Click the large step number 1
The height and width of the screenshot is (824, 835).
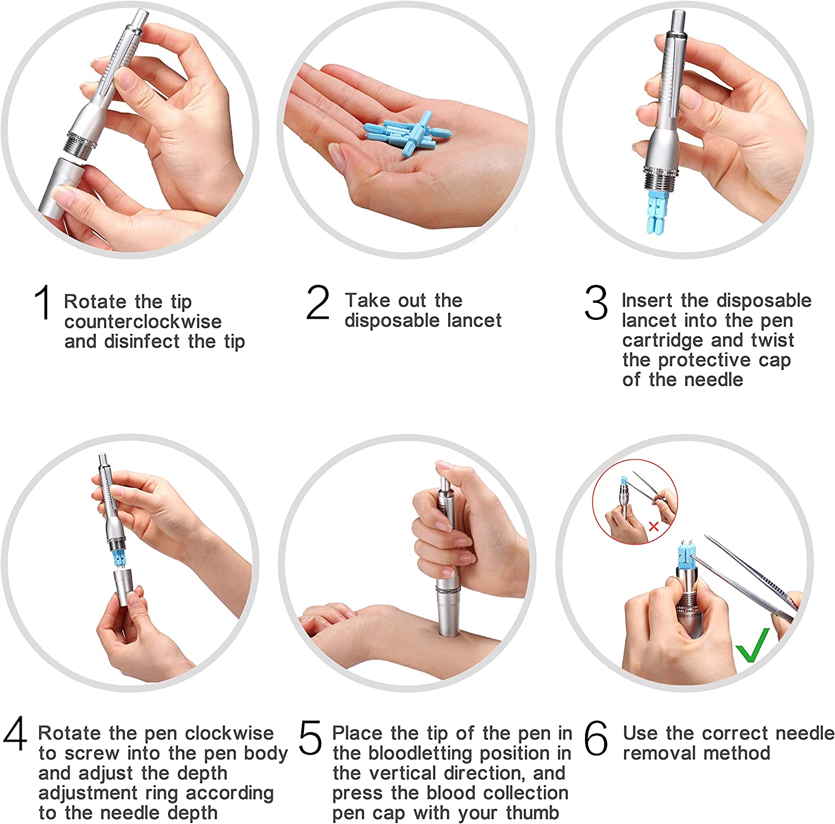43,303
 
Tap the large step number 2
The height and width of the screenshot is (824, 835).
318,303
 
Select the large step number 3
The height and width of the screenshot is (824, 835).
596,303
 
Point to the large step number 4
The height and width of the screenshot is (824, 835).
15,734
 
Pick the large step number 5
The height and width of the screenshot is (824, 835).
311,738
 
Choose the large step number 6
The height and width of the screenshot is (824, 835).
597,738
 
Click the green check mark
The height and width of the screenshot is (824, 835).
753,645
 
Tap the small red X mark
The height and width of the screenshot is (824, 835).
654,526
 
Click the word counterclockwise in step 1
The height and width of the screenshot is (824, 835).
143,322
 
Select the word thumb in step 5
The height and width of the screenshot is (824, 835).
532,813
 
